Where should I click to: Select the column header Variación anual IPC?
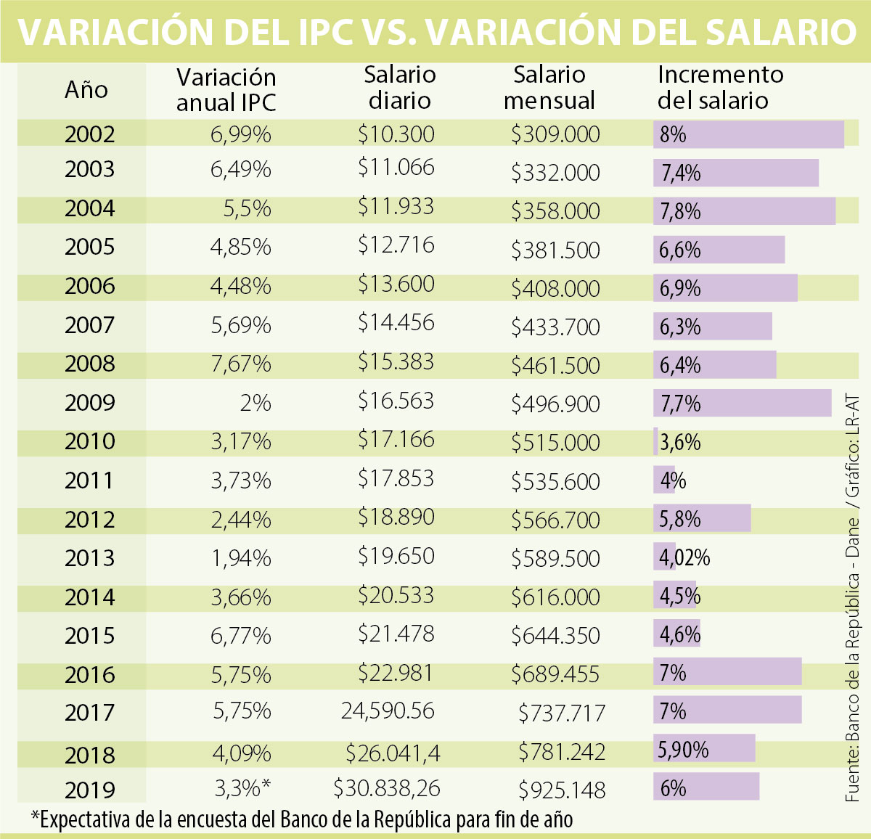pyautogui.click(x=226, y=89)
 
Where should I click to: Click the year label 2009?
pyautogui.click(x=89, y=402)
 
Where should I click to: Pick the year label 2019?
pyautogui.click(x=89, y=790)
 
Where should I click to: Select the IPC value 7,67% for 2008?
pyautogui.click(x=241, y=363)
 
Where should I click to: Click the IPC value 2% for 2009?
pyautogui.click(x=255, y=402)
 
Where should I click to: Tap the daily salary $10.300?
pyautogui.click(x=396, y=134)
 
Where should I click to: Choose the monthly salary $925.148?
pyautogui.click(x=562, y=789)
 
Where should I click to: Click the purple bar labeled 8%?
pyautogui.click(x=748, y=134)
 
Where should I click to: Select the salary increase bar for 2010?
pyautogui.click(x=656, y=441)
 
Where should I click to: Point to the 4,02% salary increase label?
pyautogui.click(x=684, y=557)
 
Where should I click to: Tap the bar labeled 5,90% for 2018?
pyautogui.click(x=704, y=749)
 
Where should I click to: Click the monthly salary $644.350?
pyautogui.click(x=555, y=636)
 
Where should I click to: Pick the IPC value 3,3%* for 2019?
pyautogui.click(x=243, y=787)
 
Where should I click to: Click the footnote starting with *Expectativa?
pyautogui.click(x=302, y=819)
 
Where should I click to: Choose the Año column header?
pyautogui.click(x=86, y=89)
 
